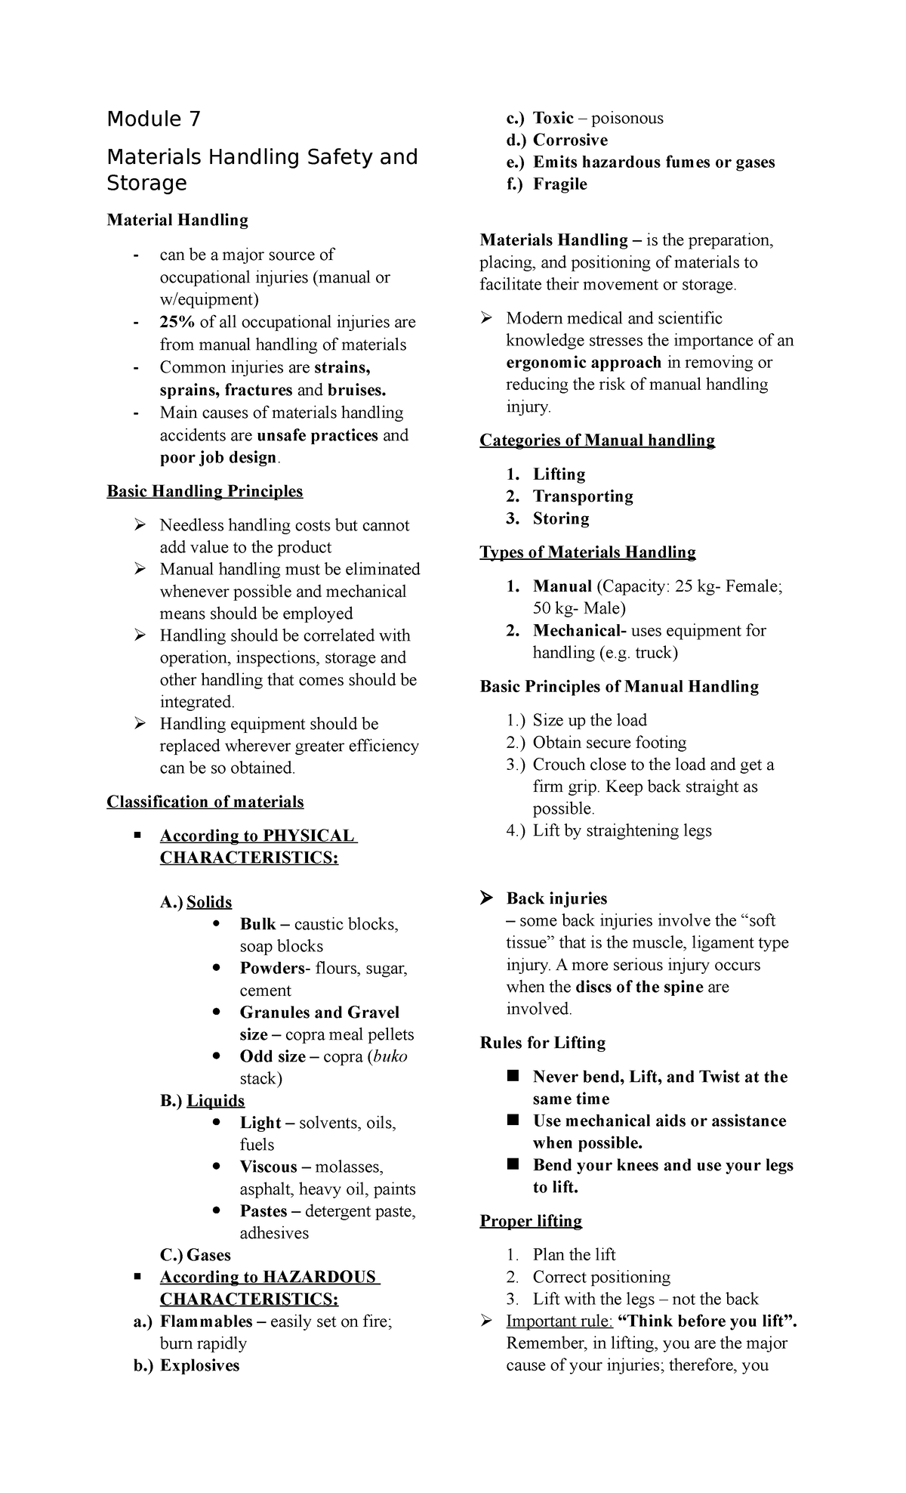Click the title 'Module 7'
pos(154,119)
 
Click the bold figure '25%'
pos(177,322)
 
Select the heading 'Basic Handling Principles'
pos(205,491)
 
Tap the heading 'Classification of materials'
pos(205,802)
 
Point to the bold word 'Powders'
pos(270,968)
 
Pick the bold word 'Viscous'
pos(268,1167)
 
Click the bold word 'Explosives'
pos(199,1365)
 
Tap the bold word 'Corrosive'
pos(570,140)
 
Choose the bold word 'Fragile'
pos(559,184)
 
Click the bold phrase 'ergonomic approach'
pos(584,362)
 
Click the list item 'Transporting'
pos(583,496)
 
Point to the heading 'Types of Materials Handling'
pos(587,552)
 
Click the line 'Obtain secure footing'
pos(609,742)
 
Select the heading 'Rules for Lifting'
pos(542,1043)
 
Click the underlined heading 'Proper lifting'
pos(531,1221)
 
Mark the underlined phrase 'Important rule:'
pos(559,1321)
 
